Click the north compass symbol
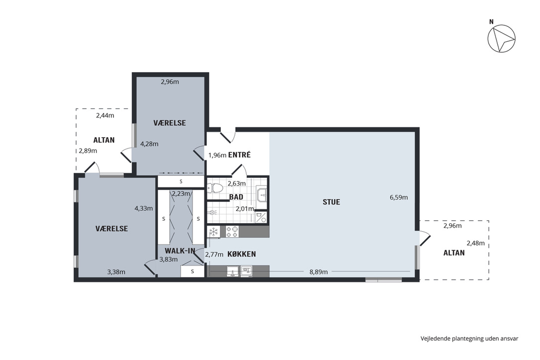tap(501, 39)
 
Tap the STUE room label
tap(331, 202)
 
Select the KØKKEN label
tap(242, 254)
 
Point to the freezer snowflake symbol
tap(214, 232)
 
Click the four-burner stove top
tap(232, 231)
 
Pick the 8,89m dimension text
tap(319, 272)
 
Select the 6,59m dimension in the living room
tap(399, 197)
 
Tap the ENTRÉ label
tap(239, 155)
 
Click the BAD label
tap(236, 197)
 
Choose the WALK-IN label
tap(180, 251)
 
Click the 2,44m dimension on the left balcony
tap(105, 115)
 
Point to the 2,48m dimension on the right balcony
tap(475, 243)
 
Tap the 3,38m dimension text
tap(116, 272)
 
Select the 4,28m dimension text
tap(149, 144)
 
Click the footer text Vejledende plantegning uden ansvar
tap(469, 338)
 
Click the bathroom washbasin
tap(262, 194)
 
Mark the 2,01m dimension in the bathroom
tap(245, 209)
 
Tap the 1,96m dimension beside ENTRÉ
tap(217, 155)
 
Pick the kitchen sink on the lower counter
tap(233, 271)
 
